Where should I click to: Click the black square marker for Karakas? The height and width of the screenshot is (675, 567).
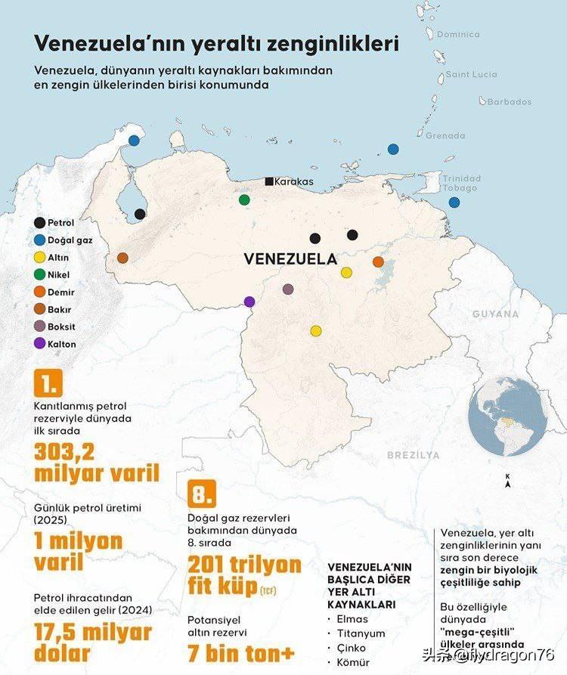pyautogui.click(x=269, y=181)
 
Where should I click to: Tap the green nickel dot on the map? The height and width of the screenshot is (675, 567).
pyautogui.click(x=244, y=200)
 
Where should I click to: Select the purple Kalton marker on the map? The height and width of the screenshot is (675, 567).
pyautogui.click(x=249, y=302)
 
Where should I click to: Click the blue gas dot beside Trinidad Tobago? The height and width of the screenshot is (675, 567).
pyautogui.click(x=454, y=203)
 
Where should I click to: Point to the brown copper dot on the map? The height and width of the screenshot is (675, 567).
pyautogui.click(x=122, y=258)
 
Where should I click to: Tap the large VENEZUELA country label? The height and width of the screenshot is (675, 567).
pyautogui.click(x=290, y=259)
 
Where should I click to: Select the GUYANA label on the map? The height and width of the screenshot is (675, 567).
pyautogui.click(x=496, y=314)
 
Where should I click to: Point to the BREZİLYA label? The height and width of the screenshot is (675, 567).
pyautogui.click(x=414, y=455)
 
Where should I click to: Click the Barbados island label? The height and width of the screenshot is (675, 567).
pyautogui.click(x=509, y=101)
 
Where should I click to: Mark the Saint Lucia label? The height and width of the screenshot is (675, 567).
pyautogui.click(x=471, y=74)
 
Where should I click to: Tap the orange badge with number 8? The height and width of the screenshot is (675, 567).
pyautogui.click(x=201, y=495)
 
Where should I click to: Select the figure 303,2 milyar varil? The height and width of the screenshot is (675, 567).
pyautogui.click(x=97, y=462)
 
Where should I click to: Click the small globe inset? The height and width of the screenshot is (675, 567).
pyautogui.click(x=501, y=420)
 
